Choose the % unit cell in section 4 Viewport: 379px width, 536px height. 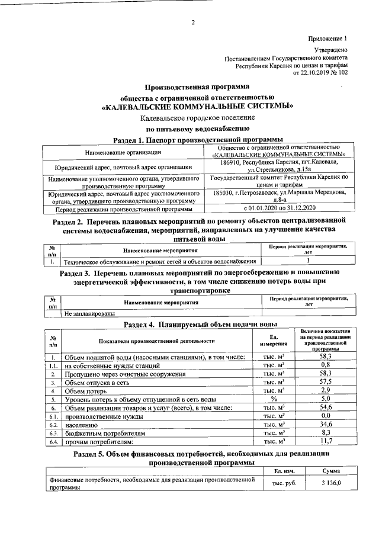point(274,400)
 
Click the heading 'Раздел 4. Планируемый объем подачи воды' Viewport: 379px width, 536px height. point(200,325)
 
